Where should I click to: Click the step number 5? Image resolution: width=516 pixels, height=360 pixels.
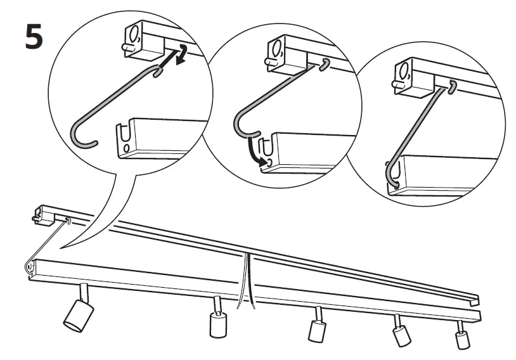click(34, 37)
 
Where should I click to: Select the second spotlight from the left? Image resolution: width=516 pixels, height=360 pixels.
click(217, 322)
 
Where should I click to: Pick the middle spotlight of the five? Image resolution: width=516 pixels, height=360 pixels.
click(316, 328)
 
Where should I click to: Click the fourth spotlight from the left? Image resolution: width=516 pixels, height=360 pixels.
click(401, 333)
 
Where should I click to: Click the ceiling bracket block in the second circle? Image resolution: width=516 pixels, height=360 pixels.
click(285, 52)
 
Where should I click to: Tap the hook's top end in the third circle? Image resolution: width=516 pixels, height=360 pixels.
click(452, 87)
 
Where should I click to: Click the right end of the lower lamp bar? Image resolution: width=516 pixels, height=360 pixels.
click(477, 315)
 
